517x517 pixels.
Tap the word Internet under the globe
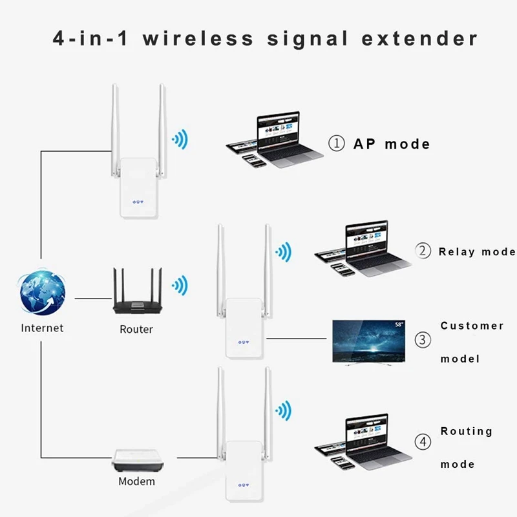(x=42, y=328)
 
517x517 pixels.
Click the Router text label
(x=136, y=329)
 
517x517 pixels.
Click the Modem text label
(x=136, y=481)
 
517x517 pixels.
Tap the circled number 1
(x=337, y=143)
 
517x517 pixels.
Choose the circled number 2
(x=423, y=251)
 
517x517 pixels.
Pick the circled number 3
(x=423, y=339)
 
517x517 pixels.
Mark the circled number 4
(x=423, y=443)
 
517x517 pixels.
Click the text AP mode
(x=392, y=143)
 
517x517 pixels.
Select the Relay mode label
(x=476, y=251)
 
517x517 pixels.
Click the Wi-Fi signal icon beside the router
(x=179, y=284)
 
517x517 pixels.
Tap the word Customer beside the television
(x=472, y=326)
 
